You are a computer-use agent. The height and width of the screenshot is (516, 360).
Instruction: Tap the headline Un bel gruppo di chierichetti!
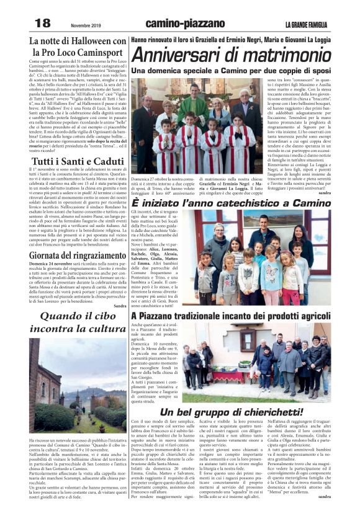click(x=232, y=412)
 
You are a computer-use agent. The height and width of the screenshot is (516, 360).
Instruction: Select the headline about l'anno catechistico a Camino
click(x=236, y=203)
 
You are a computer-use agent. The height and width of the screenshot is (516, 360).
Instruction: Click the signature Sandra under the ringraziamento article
click(x=120, y=306)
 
